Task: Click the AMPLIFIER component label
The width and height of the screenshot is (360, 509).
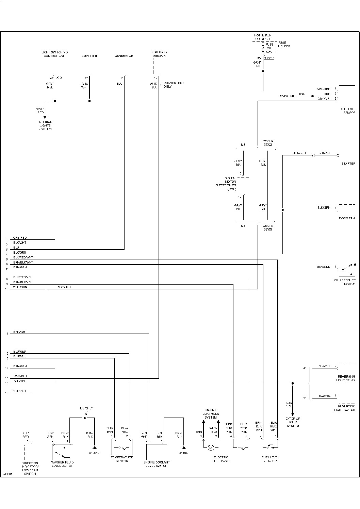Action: click(89, 56)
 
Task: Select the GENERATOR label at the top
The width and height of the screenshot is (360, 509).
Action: click(124, 56)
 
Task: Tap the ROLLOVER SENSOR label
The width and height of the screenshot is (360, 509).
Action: click(159, 54)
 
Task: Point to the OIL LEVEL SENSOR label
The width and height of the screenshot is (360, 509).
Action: click(348, 111)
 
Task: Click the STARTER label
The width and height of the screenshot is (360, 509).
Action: click(348, 164)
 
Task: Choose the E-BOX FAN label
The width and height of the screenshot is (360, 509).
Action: click(346, 218)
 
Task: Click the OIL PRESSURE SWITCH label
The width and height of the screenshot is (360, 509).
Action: click(345, 282)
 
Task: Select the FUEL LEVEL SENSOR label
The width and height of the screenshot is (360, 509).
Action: click(271, 459)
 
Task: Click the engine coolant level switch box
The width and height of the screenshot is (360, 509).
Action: click(157, 452)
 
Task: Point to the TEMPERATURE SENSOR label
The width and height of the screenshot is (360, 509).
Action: click(122, 459)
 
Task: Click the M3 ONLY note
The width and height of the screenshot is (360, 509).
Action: click(86, 408)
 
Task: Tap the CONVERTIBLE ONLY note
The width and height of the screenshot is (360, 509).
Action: click(174, 85)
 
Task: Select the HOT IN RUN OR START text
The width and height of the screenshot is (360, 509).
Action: click(263, 37)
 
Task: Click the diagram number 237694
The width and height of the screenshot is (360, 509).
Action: click(7, 473)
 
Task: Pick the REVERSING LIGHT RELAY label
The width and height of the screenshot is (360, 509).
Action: click(346, 378)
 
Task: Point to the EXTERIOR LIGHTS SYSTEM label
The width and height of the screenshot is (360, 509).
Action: click(293, 422)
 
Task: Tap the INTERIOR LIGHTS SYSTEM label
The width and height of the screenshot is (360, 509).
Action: click(46, 125)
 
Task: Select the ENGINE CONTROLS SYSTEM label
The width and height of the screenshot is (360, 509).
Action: click(211, 414)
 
